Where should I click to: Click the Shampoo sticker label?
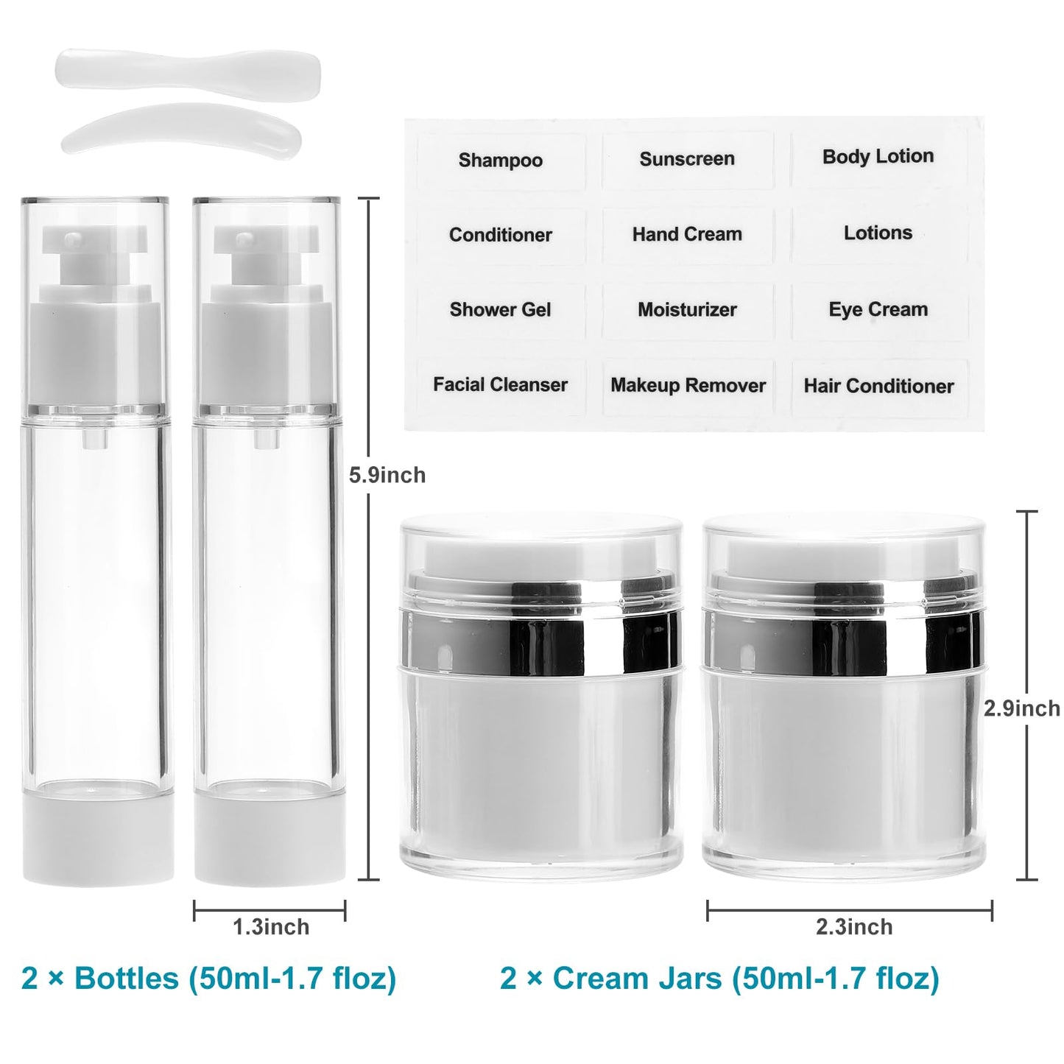pos(500,160)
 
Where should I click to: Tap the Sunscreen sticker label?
pos(687,158)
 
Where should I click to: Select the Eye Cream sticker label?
pos(878,309)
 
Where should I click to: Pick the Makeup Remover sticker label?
pos(688,385)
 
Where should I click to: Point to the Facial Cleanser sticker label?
pos(500,384)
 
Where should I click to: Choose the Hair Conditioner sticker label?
pos(878,386)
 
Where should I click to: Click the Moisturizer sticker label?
pos(687,309)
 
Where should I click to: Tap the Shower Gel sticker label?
pos(500,309)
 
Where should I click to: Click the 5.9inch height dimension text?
pos(387,475)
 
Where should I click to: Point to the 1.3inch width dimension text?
pos(271,927)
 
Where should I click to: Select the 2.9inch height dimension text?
pos(1022,708)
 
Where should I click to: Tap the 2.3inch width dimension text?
pos(854,927)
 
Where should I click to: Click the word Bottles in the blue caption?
pos(127,979)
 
